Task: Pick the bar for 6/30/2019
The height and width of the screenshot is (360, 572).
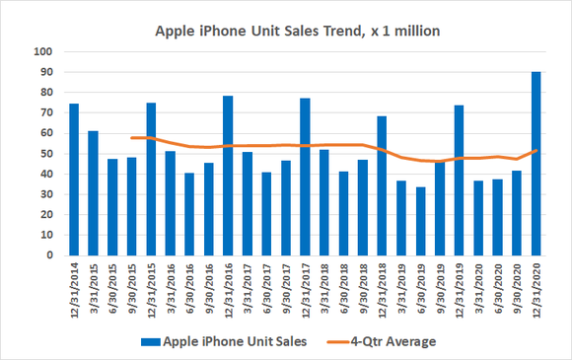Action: click(420, 221)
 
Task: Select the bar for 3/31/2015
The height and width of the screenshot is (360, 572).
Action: click(93, 193)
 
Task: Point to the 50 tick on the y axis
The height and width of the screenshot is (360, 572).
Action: click(43, 154)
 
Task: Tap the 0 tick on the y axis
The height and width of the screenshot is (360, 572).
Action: click(46, 255)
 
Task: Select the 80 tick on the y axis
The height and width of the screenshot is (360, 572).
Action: click(43, 93)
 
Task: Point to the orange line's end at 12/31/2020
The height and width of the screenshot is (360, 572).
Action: click(536, 150)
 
